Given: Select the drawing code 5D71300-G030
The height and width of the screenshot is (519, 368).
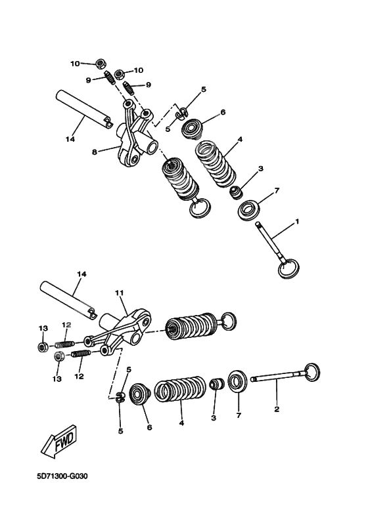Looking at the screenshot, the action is tap(62, 477).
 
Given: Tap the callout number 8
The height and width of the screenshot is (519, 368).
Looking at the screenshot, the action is tap(95, 152).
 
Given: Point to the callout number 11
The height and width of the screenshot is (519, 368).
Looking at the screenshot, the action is tap(119, 293).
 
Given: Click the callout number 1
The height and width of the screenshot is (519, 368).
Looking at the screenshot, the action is tap(297, 221).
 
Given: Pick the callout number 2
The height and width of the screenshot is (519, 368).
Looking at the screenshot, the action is tap(277, 409).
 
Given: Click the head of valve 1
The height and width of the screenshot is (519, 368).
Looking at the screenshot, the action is tap(288, 269).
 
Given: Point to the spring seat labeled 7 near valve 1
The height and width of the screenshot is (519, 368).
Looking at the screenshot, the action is tap(250, 209).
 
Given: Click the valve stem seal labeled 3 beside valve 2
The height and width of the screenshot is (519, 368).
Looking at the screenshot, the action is tap(217, 385).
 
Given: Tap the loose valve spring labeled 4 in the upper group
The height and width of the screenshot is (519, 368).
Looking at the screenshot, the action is tap(216, 164).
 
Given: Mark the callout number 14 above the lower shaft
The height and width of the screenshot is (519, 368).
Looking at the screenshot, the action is tap(81, 274).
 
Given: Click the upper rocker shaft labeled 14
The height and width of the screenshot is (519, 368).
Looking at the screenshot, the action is tap(83, 109).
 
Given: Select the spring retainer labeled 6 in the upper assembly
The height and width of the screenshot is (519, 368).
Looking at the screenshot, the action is tap(193, 128).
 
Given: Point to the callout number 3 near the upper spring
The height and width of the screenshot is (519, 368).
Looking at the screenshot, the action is tap(261, 169).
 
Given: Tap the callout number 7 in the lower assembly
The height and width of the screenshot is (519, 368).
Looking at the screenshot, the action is tap(239, 415).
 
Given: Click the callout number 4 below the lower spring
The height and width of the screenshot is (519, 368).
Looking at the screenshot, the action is tap(181, 423).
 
